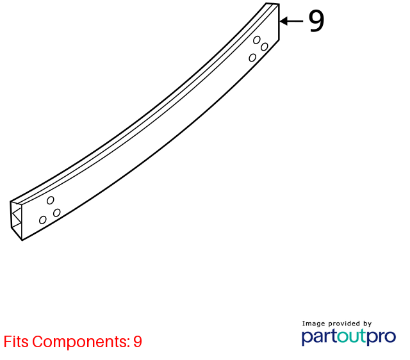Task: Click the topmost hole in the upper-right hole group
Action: click(x=257, y=40)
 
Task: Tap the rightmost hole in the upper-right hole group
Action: click(x=265, y=47)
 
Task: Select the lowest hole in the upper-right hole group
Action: click(x=252, y=58)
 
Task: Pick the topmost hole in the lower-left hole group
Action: click(x=51, y=200)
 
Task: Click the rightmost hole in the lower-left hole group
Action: click(x=57, y=213)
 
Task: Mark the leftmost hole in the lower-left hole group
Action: click(x=43, y=220)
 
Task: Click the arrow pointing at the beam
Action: click(x=291, y=21)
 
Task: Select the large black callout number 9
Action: click(x=316, y=21)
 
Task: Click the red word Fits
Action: click(x=16, y=341)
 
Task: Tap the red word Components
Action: click(x=81, y=342)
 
